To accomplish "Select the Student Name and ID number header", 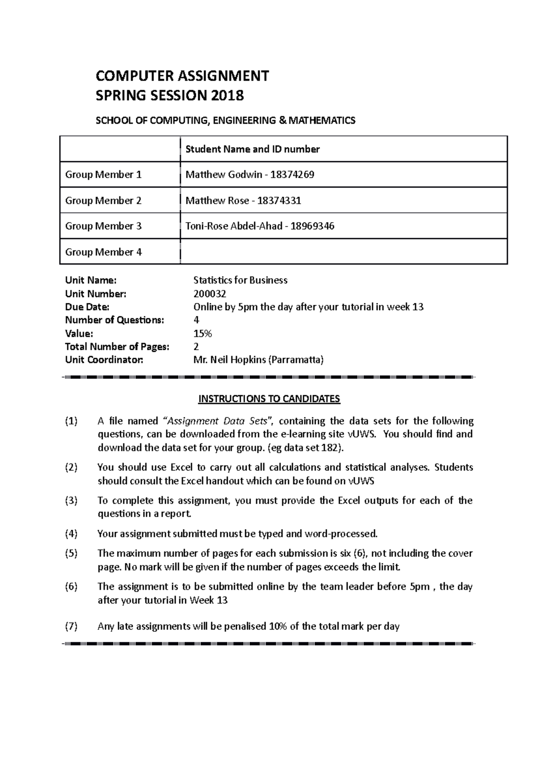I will click(x=252, y=149).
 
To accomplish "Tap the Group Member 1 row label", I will click(x=103, y=175).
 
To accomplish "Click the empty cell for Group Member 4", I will click(x=343, y=252).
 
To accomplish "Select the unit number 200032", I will click(x=209, y=294).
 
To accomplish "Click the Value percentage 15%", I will click(x=202, y=333).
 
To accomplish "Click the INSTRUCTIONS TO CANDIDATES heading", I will click(x=269, y=399).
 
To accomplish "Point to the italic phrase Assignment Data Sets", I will click(x=219, y=421).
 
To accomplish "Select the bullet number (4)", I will click(x=71, y=534).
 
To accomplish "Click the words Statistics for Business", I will click(x=240, y=280).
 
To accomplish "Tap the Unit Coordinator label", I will click(x=104, y=360).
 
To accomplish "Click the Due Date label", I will click(x=87, y=307).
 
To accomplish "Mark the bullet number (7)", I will click(x=71, y=626).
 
